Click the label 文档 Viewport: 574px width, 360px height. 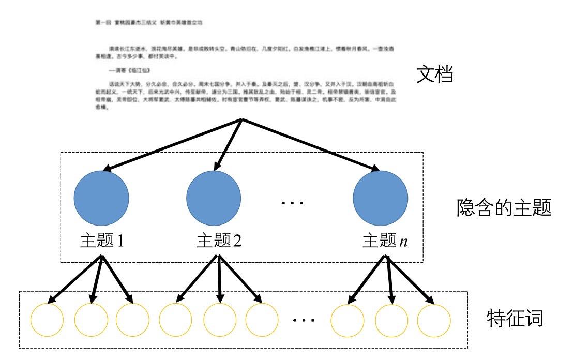tap(435, 76)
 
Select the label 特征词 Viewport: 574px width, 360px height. tap(515, 318)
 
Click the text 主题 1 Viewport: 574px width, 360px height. tap(102, 241)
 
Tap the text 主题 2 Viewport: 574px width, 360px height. tap(219, 241)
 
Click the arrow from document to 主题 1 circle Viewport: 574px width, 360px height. tap(173, 145)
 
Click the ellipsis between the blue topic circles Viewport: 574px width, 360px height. tap(292, 202)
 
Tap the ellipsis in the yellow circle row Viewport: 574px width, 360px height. tap(304, 320)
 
